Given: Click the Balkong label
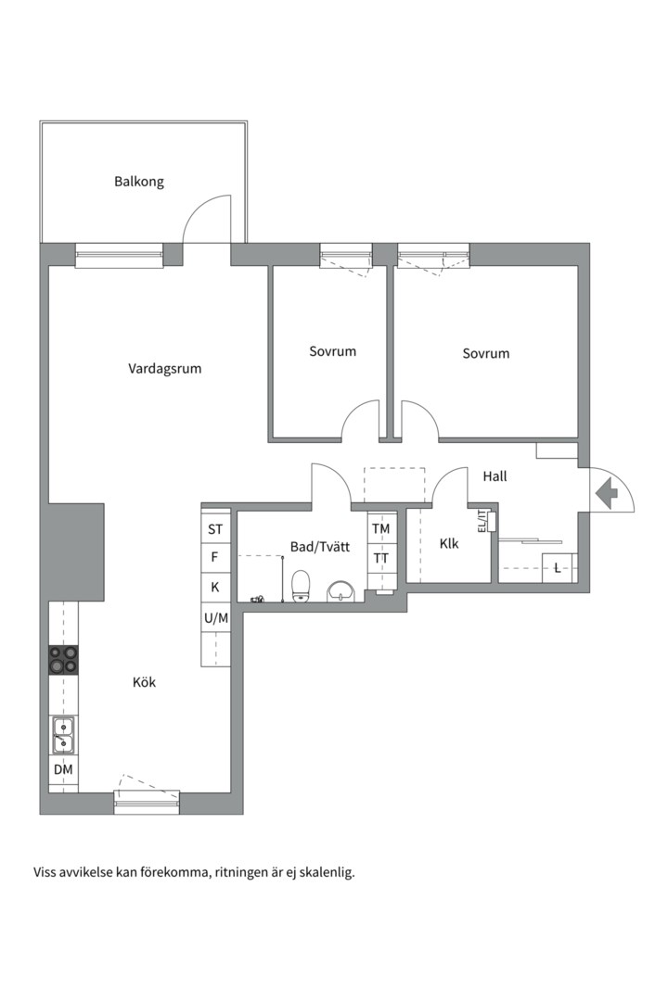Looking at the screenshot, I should [x=139, y=182].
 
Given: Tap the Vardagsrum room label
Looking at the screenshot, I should [x=164, y=369].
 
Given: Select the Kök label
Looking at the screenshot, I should [x=144, y=682].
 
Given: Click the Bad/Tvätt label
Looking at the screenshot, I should [x=320, y=548].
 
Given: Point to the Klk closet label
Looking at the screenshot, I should [x=449, y=544].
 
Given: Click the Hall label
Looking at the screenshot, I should [x=495, y=476].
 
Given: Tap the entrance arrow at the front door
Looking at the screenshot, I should [x=606, y=492].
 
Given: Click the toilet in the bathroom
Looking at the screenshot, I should [x=301, y=586].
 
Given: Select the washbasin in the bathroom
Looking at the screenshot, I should [x=341, y=589].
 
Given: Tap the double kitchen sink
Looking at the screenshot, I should [x=63, y=735].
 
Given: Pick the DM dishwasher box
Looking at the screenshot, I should [x=63, y=770].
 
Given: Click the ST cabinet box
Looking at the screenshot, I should [x=215, y=530].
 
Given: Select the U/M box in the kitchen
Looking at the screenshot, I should [x=215, y=617].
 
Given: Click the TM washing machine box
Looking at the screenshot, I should [x=381, y=529].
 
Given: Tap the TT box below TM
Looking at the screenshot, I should [x=381, y=558].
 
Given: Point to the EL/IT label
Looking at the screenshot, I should [x=482, y=521].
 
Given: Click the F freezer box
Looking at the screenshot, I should [x=215, y=558].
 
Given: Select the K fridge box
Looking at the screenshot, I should [x=215, y=588].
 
